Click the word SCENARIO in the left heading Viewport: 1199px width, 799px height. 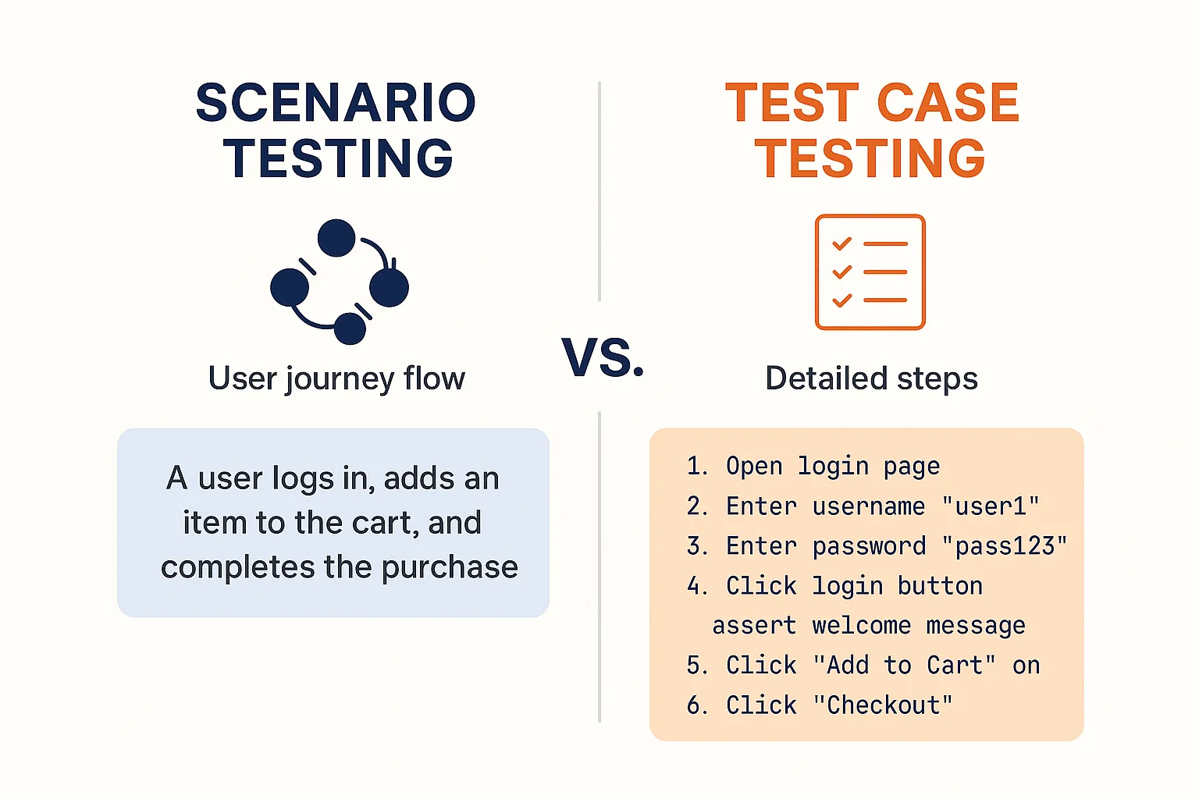(336, 103)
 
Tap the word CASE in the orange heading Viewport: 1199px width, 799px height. (948, 103)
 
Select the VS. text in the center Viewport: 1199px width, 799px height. (603, 358)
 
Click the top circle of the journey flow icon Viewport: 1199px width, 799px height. (336, 238)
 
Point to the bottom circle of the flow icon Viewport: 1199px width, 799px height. (350, 328)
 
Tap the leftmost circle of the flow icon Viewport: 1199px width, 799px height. (290, 287)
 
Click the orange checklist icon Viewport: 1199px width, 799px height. (870, 272)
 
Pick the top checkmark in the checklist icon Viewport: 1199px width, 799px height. (841, 244)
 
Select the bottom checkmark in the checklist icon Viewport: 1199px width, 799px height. (841, 300)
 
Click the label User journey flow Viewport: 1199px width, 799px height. (336, 379)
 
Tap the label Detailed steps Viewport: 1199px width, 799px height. (871, 379)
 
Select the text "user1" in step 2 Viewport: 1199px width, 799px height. (991, 506)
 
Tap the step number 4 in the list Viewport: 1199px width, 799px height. (694, 586)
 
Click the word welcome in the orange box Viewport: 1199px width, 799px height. (861, 626)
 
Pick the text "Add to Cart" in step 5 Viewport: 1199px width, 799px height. (904, 666)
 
